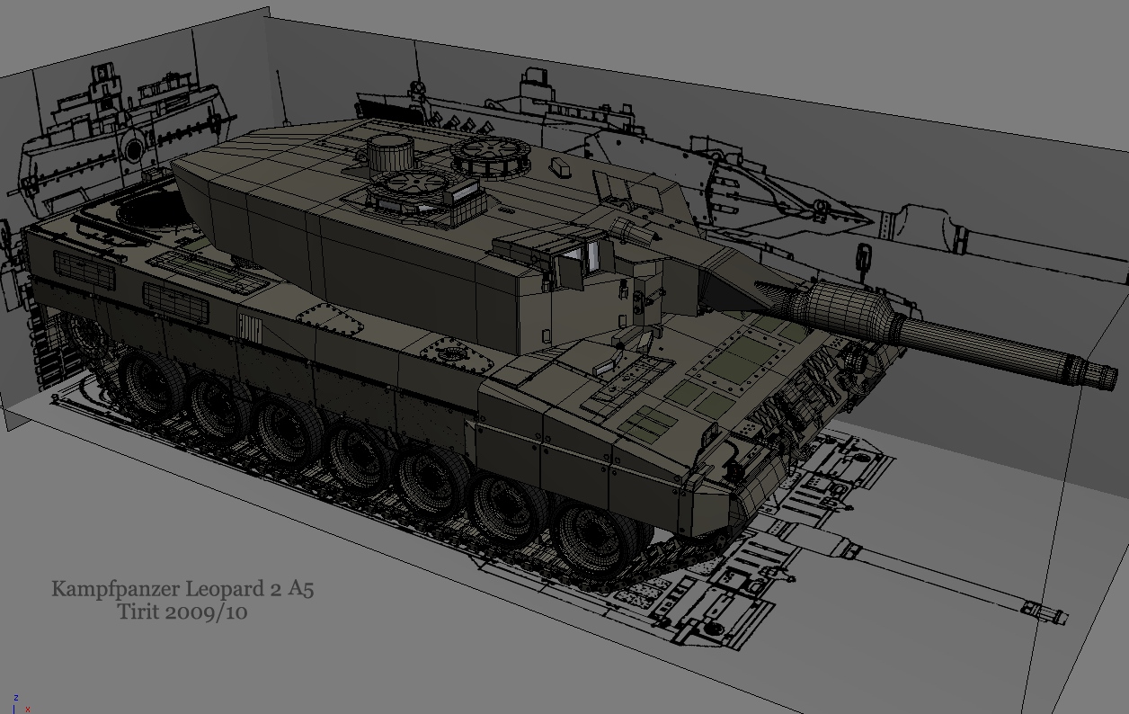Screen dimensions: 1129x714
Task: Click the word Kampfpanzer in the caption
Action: coord(115,589)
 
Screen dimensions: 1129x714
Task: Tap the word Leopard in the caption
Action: coord(225,589)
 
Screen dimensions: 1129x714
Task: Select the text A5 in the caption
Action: coord(301,588)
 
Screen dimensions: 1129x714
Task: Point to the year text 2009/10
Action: coord(206,612)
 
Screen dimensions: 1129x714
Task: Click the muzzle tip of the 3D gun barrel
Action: coord(1109,379)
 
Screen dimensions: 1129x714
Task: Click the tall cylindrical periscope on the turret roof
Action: coord(391,153)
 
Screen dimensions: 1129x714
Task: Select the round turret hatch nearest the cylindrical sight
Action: coord(413,183)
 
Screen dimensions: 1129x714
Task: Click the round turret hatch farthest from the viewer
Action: coord(491,151)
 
